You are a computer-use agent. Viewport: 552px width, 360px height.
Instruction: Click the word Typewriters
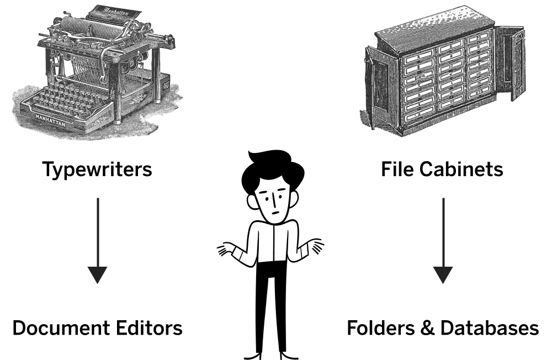coord(97,170)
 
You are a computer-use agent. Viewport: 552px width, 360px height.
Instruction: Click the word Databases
coord(490,327)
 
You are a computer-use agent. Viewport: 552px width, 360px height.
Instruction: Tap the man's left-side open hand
coord(226,249)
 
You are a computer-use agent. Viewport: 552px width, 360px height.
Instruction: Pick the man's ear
coord(251,202)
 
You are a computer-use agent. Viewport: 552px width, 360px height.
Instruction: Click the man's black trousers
coord(270,306)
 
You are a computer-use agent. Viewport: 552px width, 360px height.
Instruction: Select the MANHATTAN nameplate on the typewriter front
coord(50,119)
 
